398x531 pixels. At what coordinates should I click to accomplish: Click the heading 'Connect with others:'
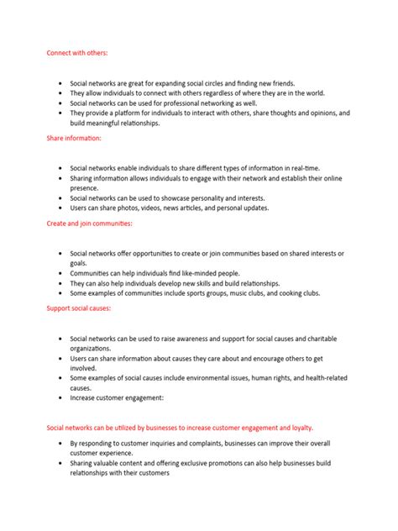pyautogui.click(x=77, y=53)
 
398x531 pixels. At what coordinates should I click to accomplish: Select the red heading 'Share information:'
pyautogui.click(x=74, y=137)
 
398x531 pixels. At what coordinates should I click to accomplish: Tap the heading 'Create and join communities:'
pyautogui.click(x=89, y=223)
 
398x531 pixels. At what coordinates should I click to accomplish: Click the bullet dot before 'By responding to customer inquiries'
pyautogui.click(x=60, y=443)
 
